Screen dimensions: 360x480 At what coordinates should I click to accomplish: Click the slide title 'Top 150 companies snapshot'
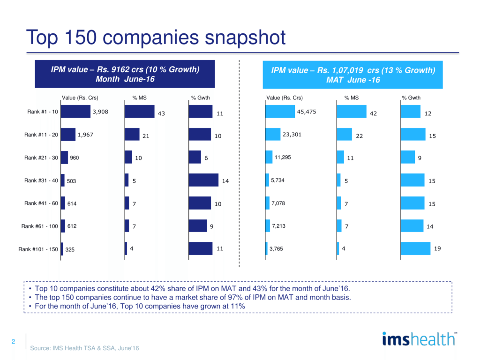[156, 38]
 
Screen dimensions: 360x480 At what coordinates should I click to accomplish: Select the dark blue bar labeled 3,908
[75, 112]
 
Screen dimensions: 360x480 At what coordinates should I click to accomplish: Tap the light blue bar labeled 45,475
[280, 112]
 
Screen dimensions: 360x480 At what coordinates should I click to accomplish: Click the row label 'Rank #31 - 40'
[41, 180]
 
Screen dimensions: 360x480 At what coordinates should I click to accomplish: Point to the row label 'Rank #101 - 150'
[38, 249]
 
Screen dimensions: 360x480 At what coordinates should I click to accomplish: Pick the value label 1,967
[86, 135]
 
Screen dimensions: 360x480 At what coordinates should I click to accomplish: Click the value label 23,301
[292, 135]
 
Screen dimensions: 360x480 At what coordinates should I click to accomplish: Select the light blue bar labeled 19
[415, 248]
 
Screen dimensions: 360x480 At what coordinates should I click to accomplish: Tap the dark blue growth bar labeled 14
[203, 180]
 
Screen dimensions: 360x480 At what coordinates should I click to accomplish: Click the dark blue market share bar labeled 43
[139, 112]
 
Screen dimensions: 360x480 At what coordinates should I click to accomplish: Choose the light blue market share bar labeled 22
[344, 135]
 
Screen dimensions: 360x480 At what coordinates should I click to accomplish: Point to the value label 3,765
[278, 249]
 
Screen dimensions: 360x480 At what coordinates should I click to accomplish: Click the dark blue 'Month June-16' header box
[125, 74]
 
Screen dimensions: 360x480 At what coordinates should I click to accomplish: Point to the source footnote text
[84, 348]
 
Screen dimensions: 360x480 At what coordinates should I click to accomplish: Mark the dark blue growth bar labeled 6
[195, 157]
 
